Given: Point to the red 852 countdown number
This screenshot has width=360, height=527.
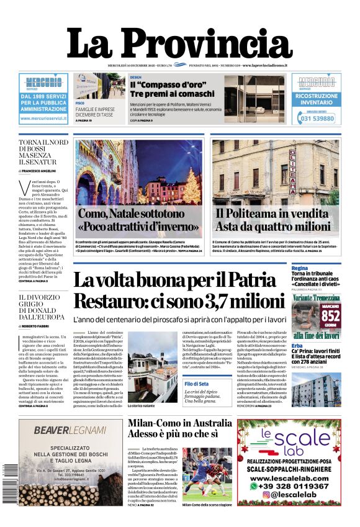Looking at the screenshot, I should [331, 315].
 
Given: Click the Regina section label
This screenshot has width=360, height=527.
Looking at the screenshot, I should [300, 268].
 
